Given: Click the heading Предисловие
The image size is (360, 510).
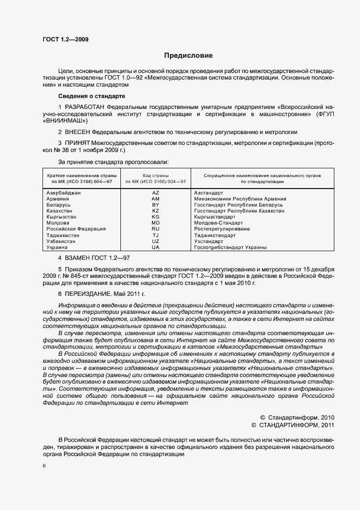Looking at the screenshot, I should (188, 56).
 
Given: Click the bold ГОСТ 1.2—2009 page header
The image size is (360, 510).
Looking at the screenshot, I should (65, 39).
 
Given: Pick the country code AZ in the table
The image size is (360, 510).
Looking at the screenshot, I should (156, 193).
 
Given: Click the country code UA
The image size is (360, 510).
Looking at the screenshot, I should (156, 247).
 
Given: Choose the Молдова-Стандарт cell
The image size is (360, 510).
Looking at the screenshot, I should (218, 223).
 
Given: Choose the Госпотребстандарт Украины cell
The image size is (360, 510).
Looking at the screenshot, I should (230, 247).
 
